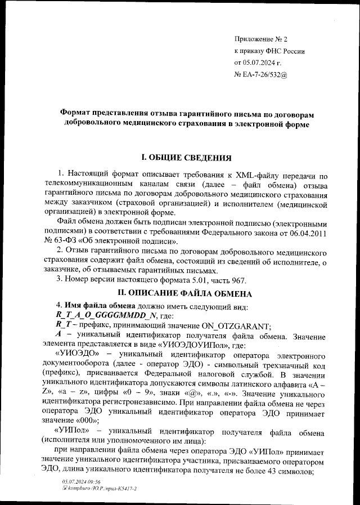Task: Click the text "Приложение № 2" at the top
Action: click(260, 39)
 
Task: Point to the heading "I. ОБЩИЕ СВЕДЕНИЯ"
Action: click(186, 157)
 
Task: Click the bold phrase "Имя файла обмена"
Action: click(99, 306)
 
